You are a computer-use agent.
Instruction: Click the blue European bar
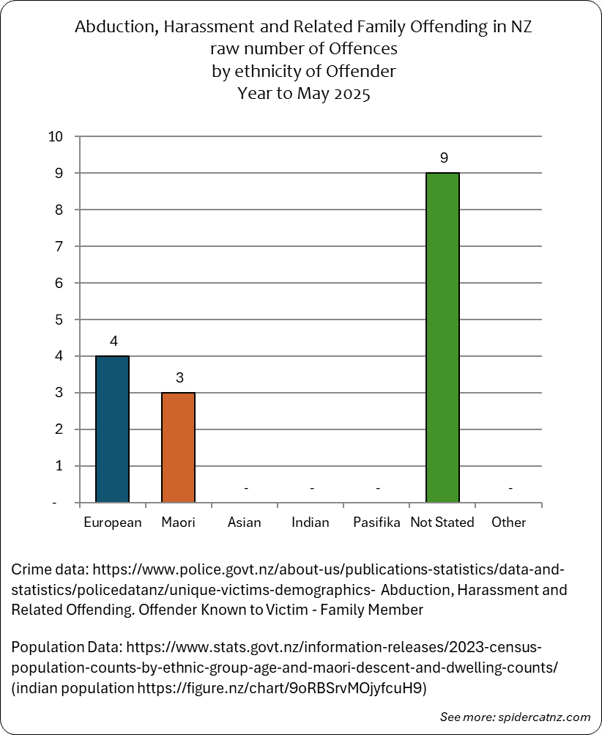tap(113, 429)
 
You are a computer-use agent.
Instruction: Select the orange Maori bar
tap(179, 447)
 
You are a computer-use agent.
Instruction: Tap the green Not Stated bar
tap(443, 338)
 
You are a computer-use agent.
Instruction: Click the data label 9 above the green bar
tap(444, 158)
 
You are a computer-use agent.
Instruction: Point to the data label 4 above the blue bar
tap(114, 341)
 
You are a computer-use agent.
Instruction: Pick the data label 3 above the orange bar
tap(180, 377)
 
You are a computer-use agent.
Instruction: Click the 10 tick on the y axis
tap(55, 136)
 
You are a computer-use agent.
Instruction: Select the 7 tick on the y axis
tap(59, 246)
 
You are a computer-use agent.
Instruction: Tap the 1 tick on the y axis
tap(59, 466)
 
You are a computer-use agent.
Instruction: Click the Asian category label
tap(244, 522)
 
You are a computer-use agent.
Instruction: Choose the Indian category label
tap(310, 522)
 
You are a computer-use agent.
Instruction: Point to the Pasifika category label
tap(376, 522)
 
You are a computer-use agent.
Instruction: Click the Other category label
tap(509, 522)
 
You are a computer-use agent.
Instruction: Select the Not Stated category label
tap(442, 522)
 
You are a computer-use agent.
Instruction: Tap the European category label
tap(113, 522)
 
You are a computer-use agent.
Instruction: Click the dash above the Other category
tap(510, 489)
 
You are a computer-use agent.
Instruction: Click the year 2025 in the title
tap(352, 93)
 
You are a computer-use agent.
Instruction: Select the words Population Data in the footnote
tap(67, 647)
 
